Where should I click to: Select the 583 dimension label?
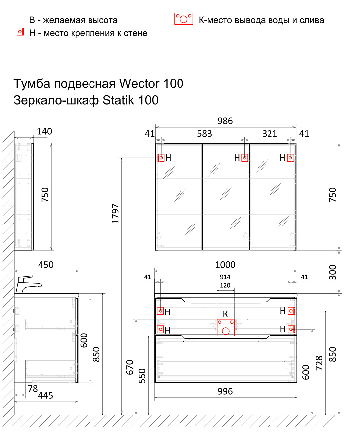pyautogui.click(x=204, y=133)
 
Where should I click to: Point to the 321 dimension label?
pyautogui.click(x=270, y=133)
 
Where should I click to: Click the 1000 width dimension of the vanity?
pyautogui.click(x=225, y=264)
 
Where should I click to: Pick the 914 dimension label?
pyautogui.click(x=225, y=277)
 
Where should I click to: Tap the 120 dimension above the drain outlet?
pyautogui.click(x=225, y=285)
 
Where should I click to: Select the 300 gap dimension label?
pyautogui.click(x=332, y=272)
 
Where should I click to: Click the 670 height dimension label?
pyautogui.click(x=129, y=367)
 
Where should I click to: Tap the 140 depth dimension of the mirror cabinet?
pyautogui.click(x=44, y=131)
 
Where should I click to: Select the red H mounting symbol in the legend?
pyautogui.click(x=20, y=32)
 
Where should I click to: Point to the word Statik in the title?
pyautogui.click(x=118, y=100)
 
